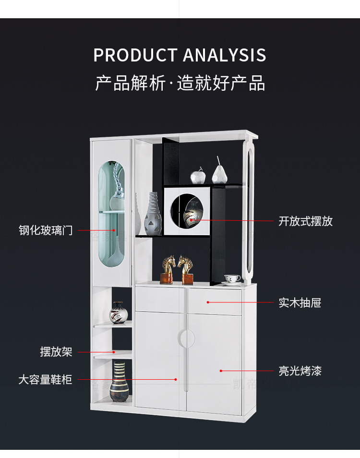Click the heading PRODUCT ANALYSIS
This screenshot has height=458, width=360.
pyautogui.click(x=180, y=55)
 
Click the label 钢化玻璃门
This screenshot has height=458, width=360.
pyautogui.click(x=46, y=230)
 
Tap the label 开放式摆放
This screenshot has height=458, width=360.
pyautogui.click(x=305, y=221)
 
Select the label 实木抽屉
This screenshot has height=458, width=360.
pyautogui.click(x=300, y=303)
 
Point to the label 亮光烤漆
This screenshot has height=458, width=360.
pyautogui.click(x=300, y=371)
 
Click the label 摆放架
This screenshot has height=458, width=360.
pyautogui.click(x=56, y=352)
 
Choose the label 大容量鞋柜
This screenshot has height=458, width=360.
pyautogui.click(x=45, y=380)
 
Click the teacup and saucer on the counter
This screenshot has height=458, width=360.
pyautogui.click(x=233, y=279)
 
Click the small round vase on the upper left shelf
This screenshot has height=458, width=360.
pyautogui.click(x=118, y=313)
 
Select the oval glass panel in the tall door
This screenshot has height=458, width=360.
pyautogui.click(x=111, y=214)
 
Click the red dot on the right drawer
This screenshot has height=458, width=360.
pyautogui.click(x=208, y=302)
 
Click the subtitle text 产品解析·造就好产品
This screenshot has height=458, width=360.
pyautogui.click(x=180, y=84)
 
